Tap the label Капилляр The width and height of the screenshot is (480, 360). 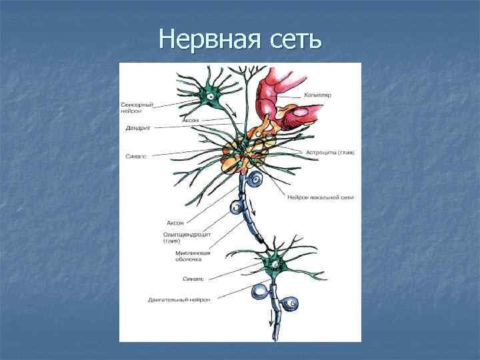tap(318, 95)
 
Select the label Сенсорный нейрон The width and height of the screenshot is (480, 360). tap(138, 107)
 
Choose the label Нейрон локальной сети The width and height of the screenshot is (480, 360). tap(320, 197)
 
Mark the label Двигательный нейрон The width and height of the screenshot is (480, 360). tap(179, 300)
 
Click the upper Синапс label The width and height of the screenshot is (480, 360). tap(136, 156)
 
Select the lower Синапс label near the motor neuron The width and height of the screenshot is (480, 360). tap(193, 279)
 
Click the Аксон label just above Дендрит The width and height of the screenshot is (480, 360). tap(190, 120)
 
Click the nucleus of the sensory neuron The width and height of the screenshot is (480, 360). tap(211, 97)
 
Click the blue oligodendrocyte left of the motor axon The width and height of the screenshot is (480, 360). tap(259, 293)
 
